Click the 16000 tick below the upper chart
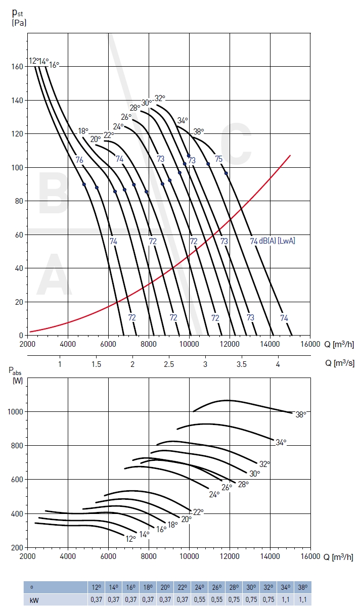pos(310,345)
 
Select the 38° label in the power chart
pos(301,414)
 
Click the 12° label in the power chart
pos(130,539)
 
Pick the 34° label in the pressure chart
pos(183,120)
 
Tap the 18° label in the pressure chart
pos(83,131)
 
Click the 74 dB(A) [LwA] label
pos(273,241)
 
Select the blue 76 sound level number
pos(79,160)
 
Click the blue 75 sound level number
pos(218,159)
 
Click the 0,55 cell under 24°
pos(199,599)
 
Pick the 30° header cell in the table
pos(251,587)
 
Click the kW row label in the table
pos(34,599)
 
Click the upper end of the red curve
pos(290,155)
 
